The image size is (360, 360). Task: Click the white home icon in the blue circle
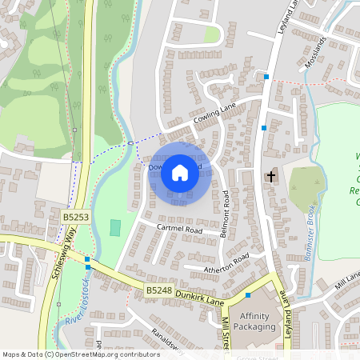(180, 173)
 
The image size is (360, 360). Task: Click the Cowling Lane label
(214, 118)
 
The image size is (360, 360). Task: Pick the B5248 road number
(160, 290)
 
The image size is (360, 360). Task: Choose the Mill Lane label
(348, 279)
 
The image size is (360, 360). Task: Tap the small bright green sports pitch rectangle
(115, 227)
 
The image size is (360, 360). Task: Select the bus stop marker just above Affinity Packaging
(248, 295)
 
